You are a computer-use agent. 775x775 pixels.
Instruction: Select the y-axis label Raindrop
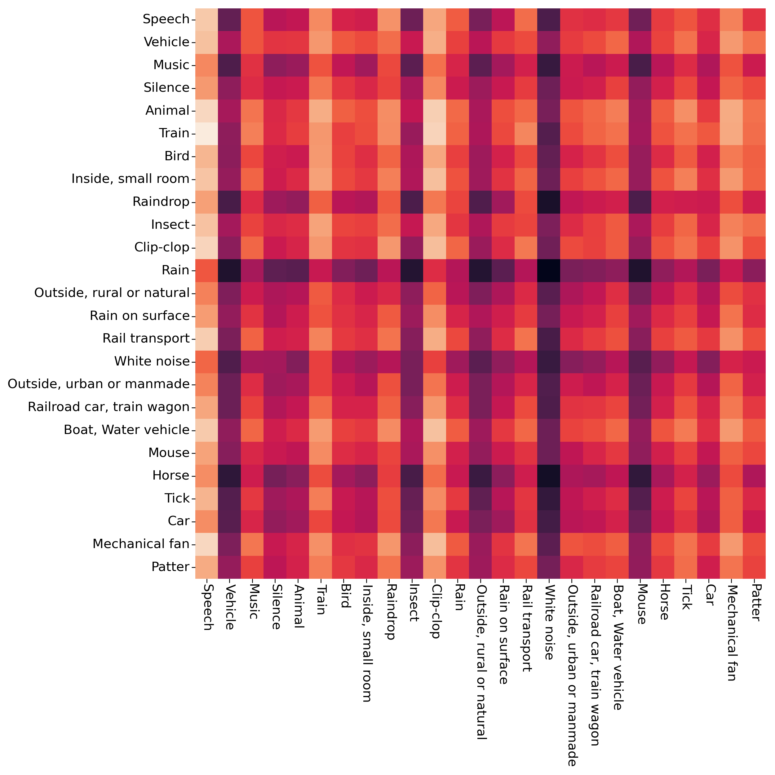click(161, 202)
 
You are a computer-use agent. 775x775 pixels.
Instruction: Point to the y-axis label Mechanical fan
click(141, 544)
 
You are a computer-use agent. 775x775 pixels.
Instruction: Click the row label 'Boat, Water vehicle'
click(126, 430)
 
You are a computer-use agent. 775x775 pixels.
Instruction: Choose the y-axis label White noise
click(152, 361)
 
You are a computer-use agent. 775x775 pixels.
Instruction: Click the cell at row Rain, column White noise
click(549, 270)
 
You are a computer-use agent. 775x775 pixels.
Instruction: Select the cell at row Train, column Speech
click(206, 134)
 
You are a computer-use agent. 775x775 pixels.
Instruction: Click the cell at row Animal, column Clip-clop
click(435, 111)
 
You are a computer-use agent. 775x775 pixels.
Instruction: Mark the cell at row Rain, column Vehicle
click(230, 270)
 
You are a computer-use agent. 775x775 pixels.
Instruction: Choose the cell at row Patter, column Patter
click(755, 567)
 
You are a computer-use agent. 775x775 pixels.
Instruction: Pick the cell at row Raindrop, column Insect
click(412, 202)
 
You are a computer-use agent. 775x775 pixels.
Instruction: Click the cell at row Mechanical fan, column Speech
click(206, 544)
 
